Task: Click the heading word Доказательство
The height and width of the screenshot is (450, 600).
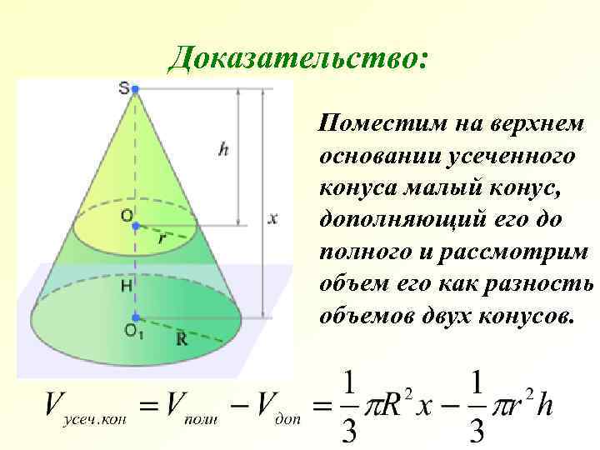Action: click(x=298, y=57)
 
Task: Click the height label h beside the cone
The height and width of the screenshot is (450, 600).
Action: click(x=223, y=150)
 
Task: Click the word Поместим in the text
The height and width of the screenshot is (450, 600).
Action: click(x=376, y=126)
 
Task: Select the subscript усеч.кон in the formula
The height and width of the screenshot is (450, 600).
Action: click(x=92, y=421)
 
